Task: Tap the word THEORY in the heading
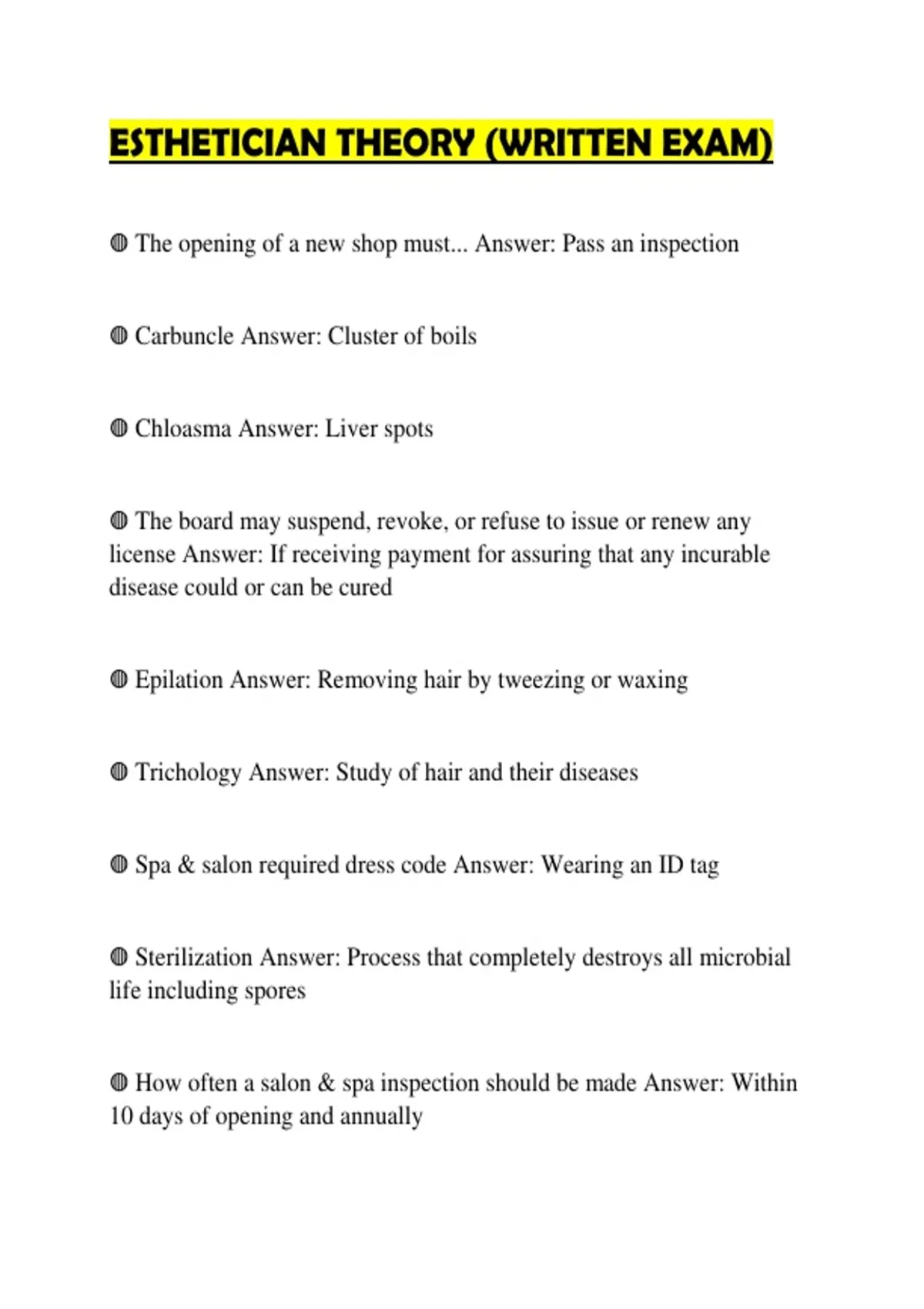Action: click(406, 143)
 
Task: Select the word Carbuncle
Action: click(185, 336)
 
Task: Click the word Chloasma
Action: click(183, 429)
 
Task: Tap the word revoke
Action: click(411, 522)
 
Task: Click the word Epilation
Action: click(179, 680)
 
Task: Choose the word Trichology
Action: click(189, 772)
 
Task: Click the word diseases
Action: click(598, 772)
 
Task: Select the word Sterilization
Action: click(194, 957)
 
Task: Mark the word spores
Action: click(275, 991)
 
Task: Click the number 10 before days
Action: click(121, 1116)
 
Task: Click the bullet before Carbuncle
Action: click(119, 336)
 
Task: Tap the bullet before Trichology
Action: click(119, 772)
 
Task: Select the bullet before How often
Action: click(119, 1083)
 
